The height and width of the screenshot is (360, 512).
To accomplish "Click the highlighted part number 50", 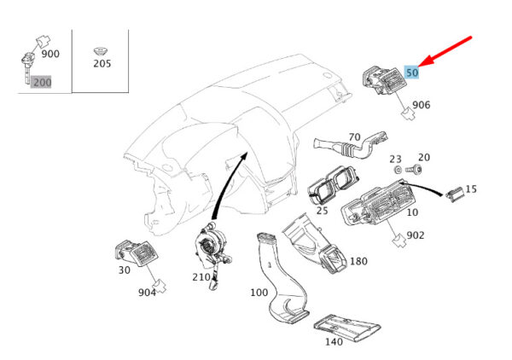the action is click(412, 73).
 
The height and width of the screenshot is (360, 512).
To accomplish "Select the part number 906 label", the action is click(422, 105).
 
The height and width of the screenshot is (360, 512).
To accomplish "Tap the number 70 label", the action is click(355, 136).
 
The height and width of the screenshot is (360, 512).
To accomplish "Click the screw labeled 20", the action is click(414, 170).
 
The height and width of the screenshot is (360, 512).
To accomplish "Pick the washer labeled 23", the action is click(398, 170).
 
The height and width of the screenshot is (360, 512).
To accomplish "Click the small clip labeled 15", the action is click(454, 194).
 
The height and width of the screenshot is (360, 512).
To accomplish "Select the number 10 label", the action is click(412, 212).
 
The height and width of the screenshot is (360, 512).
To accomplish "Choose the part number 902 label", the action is click(416, 235).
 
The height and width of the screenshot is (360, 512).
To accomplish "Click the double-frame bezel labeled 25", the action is click(333, 183).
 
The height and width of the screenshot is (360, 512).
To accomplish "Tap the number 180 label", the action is click(359, 261).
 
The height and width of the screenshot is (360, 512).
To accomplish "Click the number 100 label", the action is click(259, 292).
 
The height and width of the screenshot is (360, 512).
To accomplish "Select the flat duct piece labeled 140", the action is click(346, 327).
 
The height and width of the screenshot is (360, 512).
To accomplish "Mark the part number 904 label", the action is click(148, 292).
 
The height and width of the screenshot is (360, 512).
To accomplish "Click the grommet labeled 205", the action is click(101, 51).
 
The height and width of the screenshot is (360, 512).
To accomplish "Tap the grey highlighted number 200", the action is click(41, 82).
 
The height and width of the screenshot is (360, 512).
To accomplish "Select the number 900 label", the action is click(50, 54).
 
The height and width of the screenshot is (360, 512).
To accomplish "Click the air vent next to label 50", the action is click(383, 80).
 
